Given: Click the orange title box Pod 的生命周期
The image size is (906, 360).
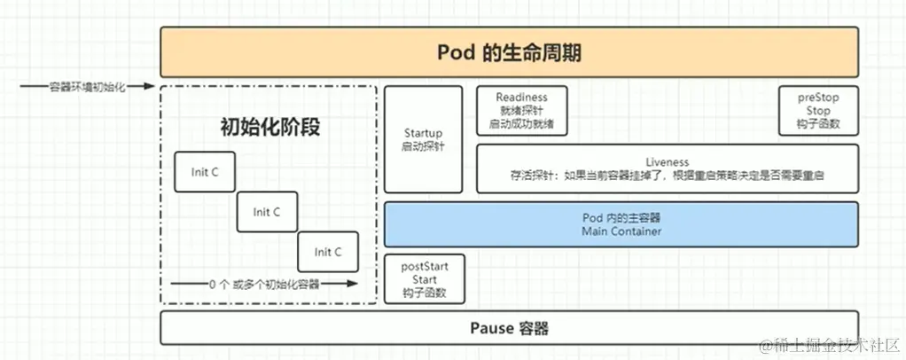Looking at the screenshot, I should coord(509,52).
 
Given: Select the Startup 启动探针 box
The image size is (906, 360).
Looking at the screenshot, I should coord(423,139).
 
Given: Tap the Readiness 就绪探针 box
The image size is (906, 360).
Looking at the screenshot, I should coord(521,110).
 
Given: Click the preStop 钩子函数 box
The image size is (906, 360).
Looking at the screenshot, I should coord(818,110).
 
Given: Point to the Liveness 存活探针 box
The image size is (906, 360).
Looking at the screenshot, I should coord(667,168).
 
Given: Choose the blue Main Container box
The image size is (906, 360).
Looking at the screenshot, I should coord(621,224).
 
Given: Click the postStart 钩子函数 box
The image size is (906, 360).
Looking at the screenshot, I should coord(424,279).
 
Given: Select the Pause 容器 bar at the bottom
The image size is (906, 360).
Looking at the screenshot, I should coord(509,328).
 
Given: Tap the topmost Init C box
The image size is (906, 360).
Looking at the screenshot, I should coord(205,172).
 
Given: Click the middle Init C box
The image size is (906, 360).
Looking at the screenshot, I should coord(267,212).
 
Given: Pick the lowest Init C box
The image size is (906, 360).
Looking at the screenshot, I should coord(327,252).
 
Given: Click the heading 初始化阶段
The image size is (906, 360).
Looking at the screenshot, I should coord(269,127).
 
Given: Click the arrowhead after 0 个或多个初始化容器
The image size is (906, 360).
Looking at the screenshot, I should coord(353,284).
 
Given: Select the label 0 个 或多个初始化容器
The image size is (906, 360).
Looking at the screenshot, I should coord(264,284).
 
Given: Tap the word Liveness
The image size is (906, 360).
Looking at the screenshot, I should coord(667,162).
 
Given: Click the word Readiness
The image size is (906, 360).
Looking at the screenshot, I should coord(521,97).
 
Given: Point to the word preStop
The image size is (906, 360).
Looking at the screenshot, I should coord(818,97).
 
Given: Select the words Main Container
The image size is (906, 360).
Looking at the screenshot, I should coord(621,231).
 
